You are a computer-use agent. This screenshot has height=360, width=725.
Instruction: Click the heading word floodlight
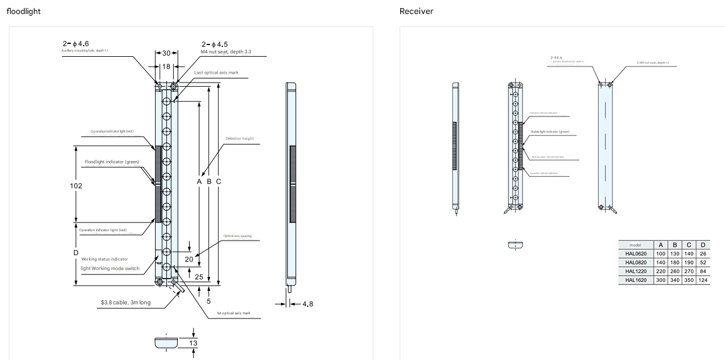pyautogui.click(x=23, y=11)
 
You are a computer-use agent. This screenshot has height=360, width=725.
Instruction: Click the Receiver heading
pyautogui.click(x=416, y=11)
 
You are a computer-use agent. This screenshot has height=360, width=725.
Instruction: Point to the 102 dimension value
pyautogui.click(x=76, y=186)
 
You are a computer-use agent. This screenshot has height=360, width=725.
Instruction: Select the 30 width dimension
pyautogui.click(x=166, y=53)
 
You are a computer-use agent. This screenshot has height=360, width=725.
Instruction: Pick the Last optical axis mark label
pyautogui.click(x=217, y=73)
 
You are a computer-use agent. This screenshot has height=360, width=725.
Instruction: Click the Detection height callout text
pyautogui.click(x=239, y=139)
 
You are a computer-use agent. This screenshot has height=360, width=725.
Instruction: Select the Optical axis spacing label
pyautogui.click(x=237, y=236)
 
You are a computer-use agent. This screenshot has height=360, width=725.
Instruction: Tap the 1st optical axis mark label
pyautogui.click(x=233, y=314)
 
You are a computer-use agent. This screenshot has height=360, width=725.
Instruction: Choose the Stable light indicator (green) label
pyautogui.click(x=550, y=132)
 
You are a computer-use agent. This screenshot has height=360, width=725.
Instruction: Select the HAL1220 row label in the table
pyautogui.click(x=635, y=271)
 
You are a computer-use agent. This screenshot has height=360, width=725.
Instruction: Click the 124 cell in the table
pyautogui.click(x=703, y=280)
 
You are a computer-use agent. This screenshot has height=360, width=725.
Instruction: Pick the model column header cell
pyautogui.click(x=635, y=245)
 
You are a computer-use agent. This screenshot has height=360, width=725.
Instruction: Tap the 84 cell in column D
pyautogui.click(x=703, y=271)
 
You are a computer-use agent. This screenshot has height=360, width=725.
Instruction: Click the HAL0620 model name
pyautogui.click(x=635, y=253)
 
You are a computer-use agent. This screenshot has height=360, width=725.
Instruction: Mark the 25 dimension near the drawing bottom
pyautogui.click(x=199, y=276)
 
